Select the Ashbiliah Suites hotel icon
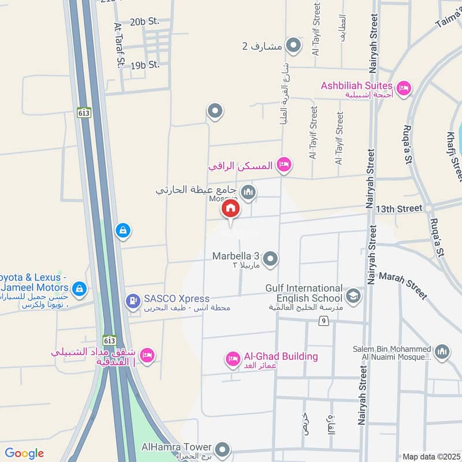pyautogui.click(x=404, y=88)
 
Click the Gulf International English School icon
pyautogui.click(x=353, y=297)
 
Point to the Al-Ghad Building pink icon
pyautogui.click(x=233, y=359)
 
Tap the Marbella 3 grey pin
pyautogui.click(x=270, y=259)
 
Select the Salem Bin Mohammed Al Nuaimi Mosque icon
pyautogui.click(x=442, y=352)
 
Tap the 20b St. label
pyautogui.click(x=144, y=22)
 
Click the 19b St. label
pyautogui.click(x=145, y=65)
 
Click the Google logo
pyautogui.click(x=24, y=453)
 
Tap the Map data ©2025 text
pyautogui.click(x=430, y=456)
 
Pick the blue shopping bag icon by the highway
pyautogui.click(x=122, y=231)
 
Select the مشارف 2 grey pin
pyautogui.click(x=294, y=45)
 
